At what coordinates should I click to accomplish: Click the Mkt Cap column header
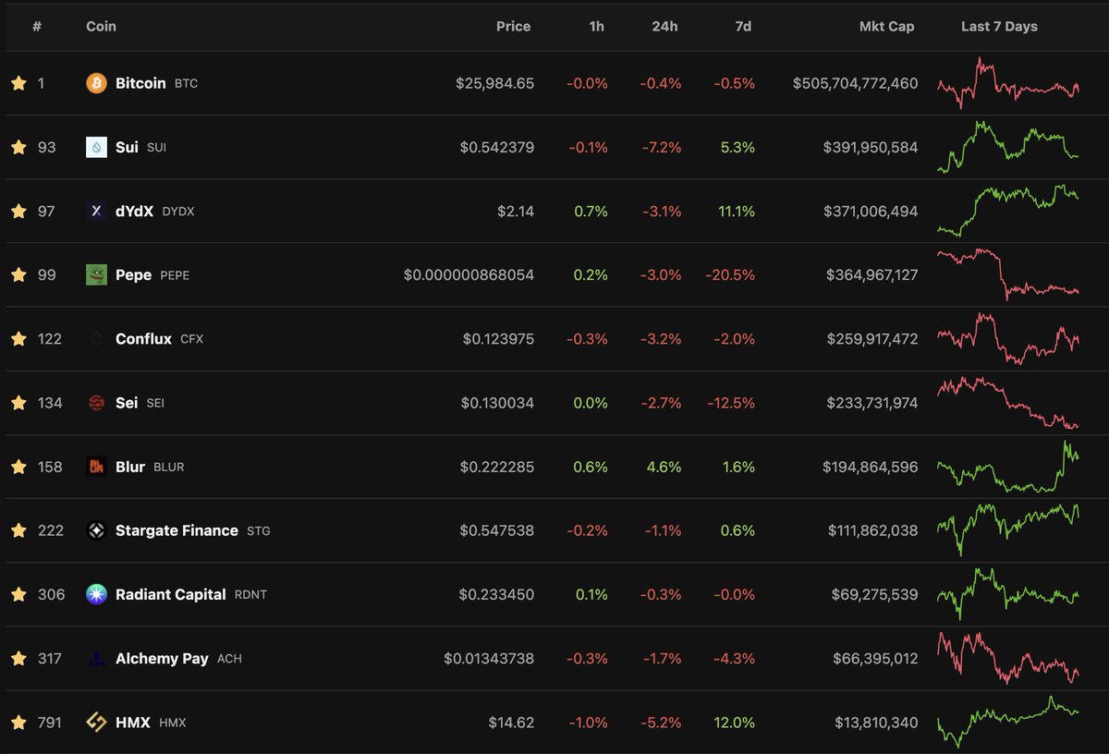point(886,27)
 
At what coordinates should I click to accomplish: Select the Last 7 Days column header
point(999,27)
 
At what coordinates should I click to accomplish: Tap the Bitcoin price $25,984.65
point(494,83)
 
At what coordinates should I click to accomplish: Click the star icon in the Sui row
point(18,147)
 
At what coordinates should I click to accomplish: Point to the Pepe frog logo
point(96,274)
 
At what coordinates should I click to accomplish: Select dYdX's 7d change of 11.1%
point(736,211)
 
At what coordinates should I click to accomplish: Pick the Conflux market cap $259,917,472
point(872,339)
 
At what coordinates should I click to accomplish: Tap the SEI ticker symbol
point(155,403)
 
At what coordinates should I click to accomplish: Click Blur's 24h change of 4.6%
point(663,467)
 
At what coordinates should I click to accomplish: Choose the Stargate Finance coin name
point(177,530)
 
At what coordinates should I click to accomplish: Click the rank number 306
point(52,594)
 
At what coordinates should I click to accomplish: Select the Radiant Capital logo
point(96,594)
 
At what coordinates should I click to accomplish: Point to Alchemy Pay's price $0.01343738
point(489,658)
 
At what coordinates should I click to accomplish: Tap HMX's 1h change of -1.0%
point(588,722)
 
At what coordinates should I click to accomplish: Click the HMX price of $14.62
point(511,722)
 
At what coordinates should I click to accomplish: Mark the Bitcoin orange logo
point(96,83)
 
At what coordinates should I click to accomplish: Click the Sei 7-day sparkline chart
point(1007,403)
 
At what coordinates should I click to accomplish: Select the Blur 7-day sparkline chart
point(1007,467)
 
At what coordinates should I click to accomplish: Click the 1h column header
point(596,27)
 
